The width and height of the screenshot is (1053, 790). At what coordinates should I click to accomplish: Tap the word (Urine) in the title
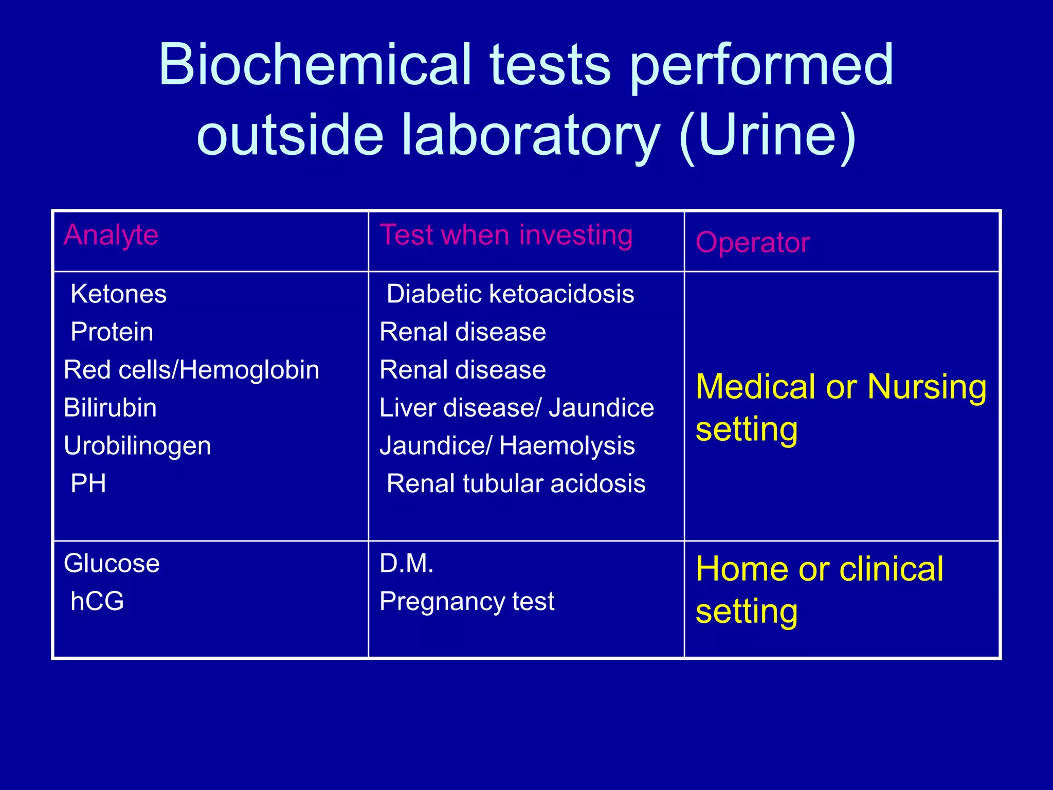coord(767,135)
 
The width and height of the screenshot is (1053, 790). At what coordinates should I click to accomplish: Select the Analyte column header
coord(111,235)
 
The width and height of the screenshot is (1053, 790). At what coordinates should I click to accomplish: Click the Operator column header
coord(753,242)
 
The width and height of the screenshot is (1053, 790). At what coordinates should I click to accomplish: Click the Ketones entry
coord(119,294)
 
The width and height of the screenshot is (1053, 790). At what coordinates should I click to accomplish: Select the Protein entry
coord(112,332)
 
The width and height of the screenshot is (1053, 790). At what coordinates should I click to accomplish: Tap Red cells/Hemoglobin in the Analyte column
coord(191,370)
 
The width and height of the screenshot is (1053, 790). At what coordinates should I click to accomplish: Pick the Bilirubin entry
coord(110,408)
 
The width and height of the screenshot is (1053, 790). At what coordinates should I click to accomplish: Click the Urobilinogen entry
coord(137,446)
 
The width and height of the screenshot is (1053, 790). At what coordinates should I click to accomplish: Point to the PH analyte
coord(88,483)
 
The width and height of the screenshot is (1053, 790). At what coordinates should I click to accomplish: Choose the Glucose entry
coord(112,563)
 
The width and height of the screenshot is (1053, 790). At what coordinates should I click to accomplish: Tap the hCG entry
coord(97,601)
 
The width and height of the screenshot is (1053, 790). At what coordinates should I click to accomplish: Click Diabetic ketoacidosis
coord(510,294)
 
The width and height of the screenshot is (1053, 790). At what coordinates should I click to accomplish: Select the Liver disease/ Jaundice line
coord(517,408)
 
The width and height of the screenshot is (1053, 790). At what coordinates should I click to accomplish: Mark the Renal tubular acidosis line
coord(516,483)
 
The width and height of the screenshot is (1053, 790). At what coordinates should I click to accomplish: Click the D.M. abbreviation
coord(407,563)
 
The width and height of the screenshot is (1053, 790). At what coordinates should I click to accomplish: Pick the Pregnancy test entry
coord(467,601)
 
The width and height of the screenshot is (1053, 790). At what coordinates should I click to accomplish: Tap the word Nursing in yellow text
coord(927,386)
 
